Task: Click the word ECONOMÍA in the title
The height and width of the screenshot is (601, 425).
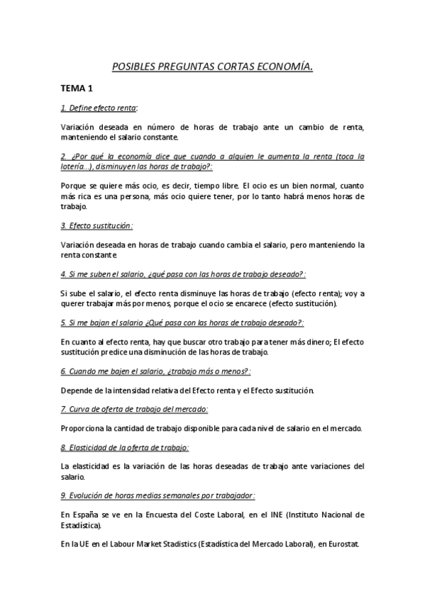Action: coord(285,67)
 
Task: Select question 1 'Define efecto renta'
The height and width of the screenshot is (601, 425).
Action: coord(99,108)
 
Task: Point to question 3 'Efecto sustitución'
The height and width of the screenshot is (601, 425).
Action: coord(96,226)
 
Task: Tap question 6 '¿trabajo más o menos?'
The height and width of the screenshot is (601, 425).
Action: coord(156,371)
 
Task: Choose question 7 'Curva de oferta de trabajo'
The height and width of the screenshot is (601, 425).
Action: coord(134,409)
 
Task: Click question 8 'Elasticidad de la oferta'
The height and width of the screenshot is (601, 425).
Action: coord(124,447)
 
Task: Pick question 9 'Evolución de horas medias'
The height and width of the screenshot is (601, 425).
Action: coord(158,495)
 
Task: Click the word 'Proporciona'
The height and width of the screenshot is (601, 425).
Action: coord(83,428)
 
